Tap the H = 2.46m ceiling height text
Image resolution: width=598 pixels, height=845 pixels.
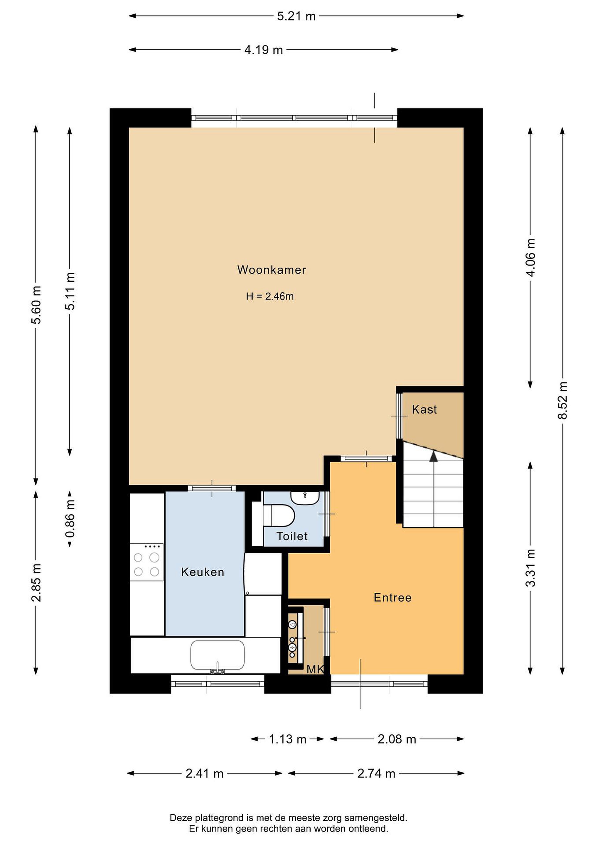pos(270,296)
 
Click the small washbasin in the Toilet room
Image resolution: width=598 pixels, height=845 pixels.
pos(305,498)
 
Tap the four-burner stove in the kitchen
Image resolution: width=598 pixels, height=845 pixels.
pos(146,563)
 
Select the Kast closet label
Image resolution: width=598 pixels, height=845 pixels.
pos(424,410)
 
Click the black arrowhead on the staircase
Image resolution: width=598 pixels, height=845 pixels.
pos(434,456)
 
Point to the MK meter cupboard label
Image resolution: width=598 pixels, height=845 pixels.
pos(315,670)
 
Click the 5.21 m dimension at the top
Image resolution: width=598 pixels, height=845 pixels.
pos(297,16)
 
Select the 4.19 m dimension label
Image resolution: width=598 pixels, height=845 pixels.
pos(264,50)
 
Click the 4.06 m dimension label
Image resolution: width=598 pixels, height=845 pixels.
pos(530,257)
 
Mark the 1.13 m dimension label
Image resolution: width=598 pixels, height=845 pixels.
pos(288,739)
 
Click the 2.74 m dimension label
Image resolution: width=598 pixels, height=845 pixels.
pos(376,774)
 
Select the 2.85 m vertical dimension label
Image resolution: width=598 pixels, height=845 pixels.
pos(36,583)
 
